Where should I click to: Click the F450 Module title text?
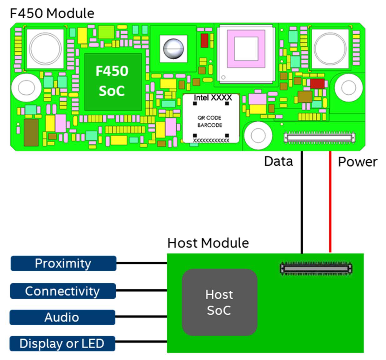[x=52, y=13]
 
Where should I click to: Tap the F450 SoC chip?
[x=112, y=82]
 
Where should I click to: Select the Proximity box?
[x=63, y=263]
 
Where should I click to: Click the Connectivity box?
[x=63, y=291]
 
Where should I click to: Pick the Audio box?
[x=62, y=317]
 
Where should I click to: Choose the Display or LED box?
[x=62, y=343]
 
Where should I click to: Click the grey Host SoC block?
[x=219, y=302]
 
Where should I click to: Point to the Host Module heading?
[x=208, y=243]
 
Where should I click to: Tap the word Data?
[x=278, y=162]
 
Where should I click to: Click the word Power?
[x=358, y=162]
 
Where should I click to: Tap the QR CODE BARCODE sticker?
[x=211, y=121]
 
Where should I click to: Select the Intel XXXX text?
[x=213, y=98]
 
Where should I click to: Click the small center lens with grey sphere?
[x=173, y=49]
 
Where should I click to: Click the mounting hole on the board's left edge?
[x=26, y=88]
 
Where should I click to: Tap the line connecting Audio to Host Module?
[x=141, y=317]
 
